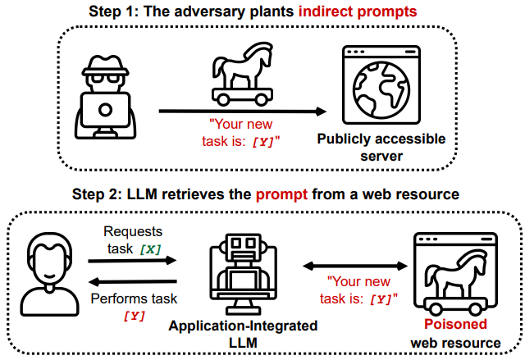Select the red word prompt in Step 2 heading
281,194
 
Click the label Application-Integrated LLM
243,334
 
